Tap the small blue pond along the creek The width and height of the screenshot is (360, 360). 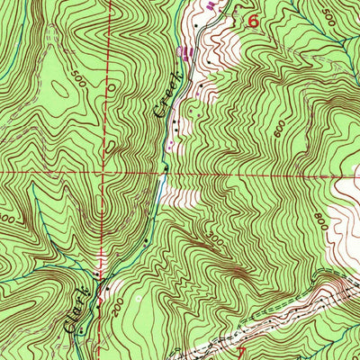pos(160,186)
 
